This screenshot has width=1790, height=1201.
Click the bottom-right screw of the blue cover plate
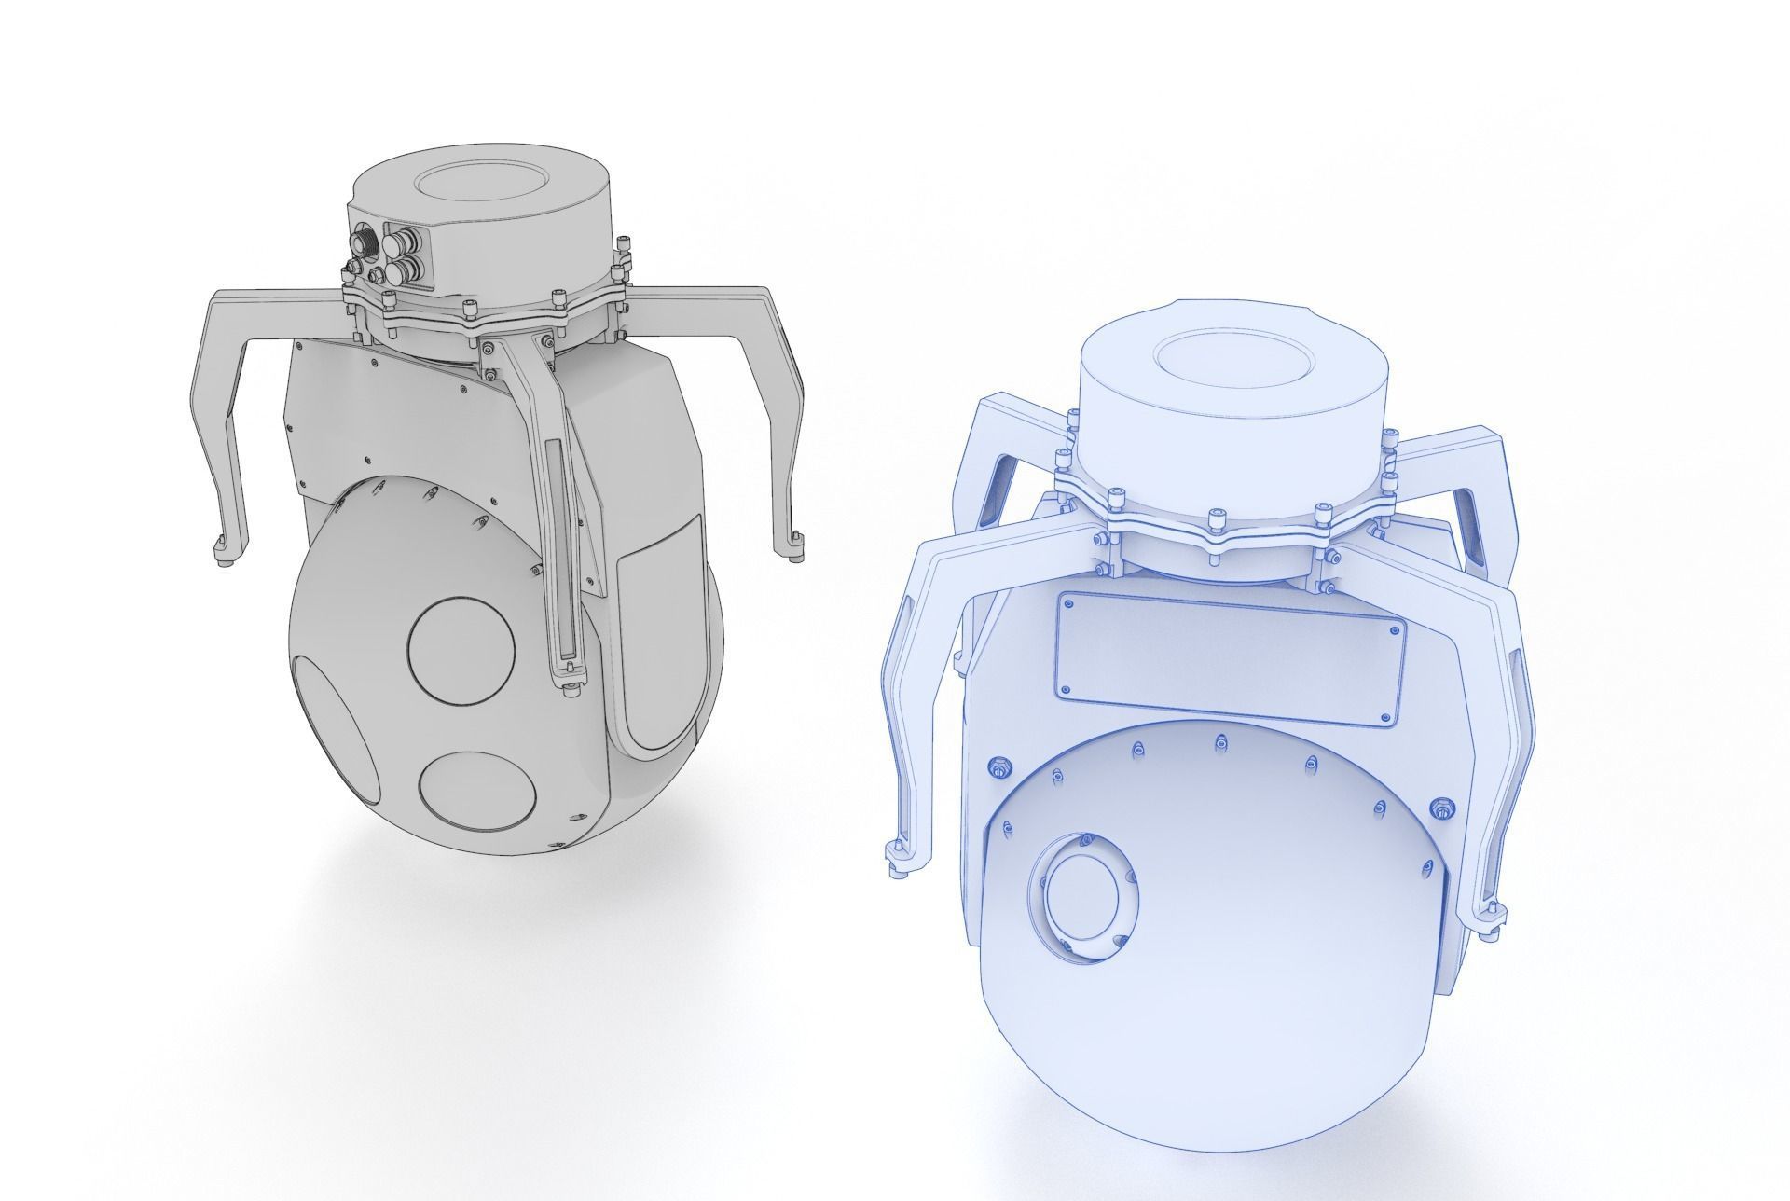point(1392,716)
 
